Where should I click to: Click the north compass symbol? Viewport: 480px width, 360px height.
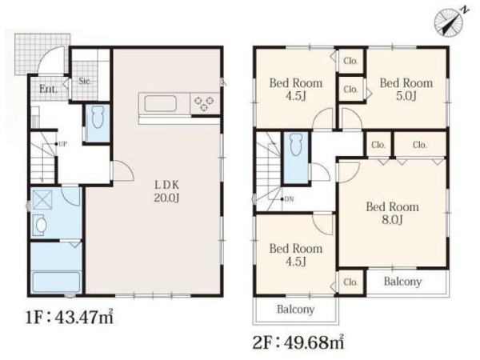[449, 22]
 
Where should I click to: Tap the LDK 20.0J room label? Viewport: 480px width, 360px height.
[166, 192]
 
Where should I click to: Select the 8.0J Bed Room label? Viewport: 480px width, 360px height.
[392, 213]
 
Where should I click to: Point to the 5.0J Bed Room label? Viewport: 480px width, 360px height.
[406, 90]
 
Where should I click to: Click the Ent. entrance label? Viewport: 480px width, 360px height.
[48, 89]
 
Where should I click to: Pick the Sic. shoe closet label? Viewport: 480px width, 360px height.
[85, 82]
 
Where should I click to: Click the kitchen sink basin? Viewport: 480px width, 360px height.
[161, 104]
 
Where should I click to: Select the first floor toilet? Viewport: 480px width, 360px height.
[98, 118]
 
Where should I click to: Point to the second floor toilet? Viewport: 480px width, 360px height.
[296, 145]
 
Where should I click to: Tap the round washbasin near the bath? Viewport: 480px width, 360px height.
[41, 225]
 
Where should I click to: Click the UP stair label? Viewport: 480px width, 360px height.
[62, 144]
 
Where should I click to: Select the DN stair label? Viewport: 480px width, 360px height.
[289, 199]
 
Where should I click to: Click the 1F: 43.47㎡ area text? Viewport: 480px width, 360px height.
[70, 317]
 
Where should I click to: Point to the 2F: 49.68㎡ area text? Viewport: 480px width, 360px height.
[298, 342]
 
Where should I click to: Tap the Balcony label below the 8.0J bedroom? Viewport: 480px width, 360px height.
[402, 282]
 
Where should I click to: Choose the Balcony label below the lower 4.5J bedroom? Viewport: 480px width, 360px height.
[296, 309]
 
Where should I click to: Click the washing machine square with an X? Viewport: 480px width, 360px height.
[42, 196]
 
